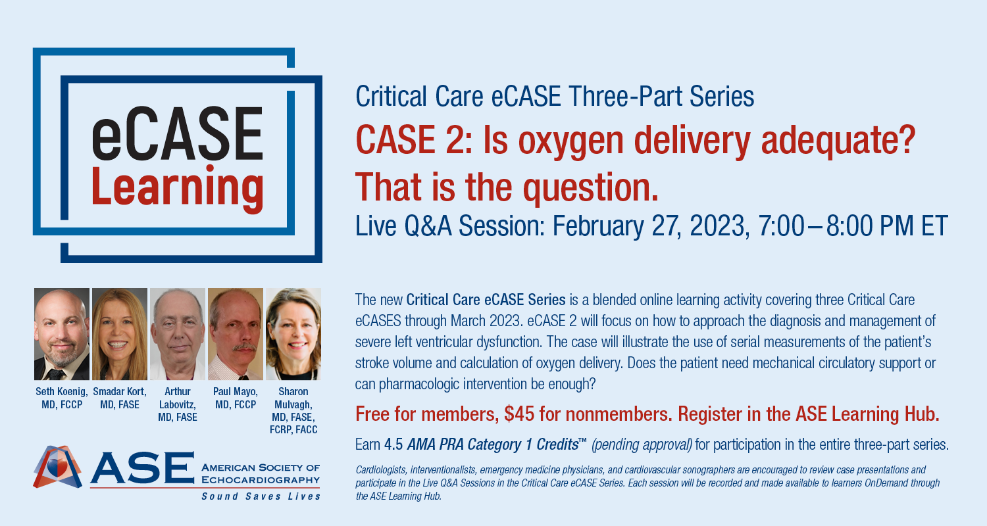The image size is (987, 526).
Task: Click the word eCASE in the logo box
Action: coord(177,134)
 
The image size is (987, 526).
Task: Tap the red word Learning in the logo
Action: coord(177,189)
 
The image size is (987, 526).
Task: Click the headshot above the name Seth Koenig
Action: coord(62,334)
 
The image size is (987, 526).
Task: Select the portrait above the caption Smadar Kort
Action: coord(120,334)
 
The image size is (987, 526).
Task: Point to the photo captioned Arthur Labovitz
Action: coord(178,334)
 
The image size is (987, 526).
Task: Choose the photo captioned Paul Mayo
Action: coord(236,334)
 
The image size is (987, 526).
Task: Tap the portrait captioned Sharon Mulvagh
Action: coord(293,334)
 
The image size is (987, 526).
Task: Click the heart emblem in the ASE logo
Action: coord(57,467)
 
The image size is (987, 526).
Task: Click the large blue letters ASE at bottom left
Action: coord(142,467)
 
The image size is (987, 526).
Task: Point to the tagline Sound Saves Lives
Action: coord(261,496)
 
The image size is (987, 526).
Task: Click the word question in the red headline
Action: coord(590,189)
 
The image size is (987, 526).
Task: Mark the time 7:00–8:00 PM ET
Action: coord(853,226)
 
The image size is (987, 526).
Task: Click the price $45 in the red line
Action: coord(520,414)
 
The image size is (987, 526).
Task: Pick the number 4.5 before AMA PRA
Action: coord(393,444)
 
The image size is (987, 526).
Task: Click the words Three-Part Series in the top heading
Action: coord(661,97)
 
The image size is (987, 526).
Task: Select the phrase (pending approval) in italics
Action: coord(642,445)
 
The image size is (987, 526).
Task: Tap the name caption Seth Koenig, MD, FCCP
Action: coord(62,398)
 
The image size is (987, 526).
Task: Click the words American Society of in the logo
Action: coord(261,467)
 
